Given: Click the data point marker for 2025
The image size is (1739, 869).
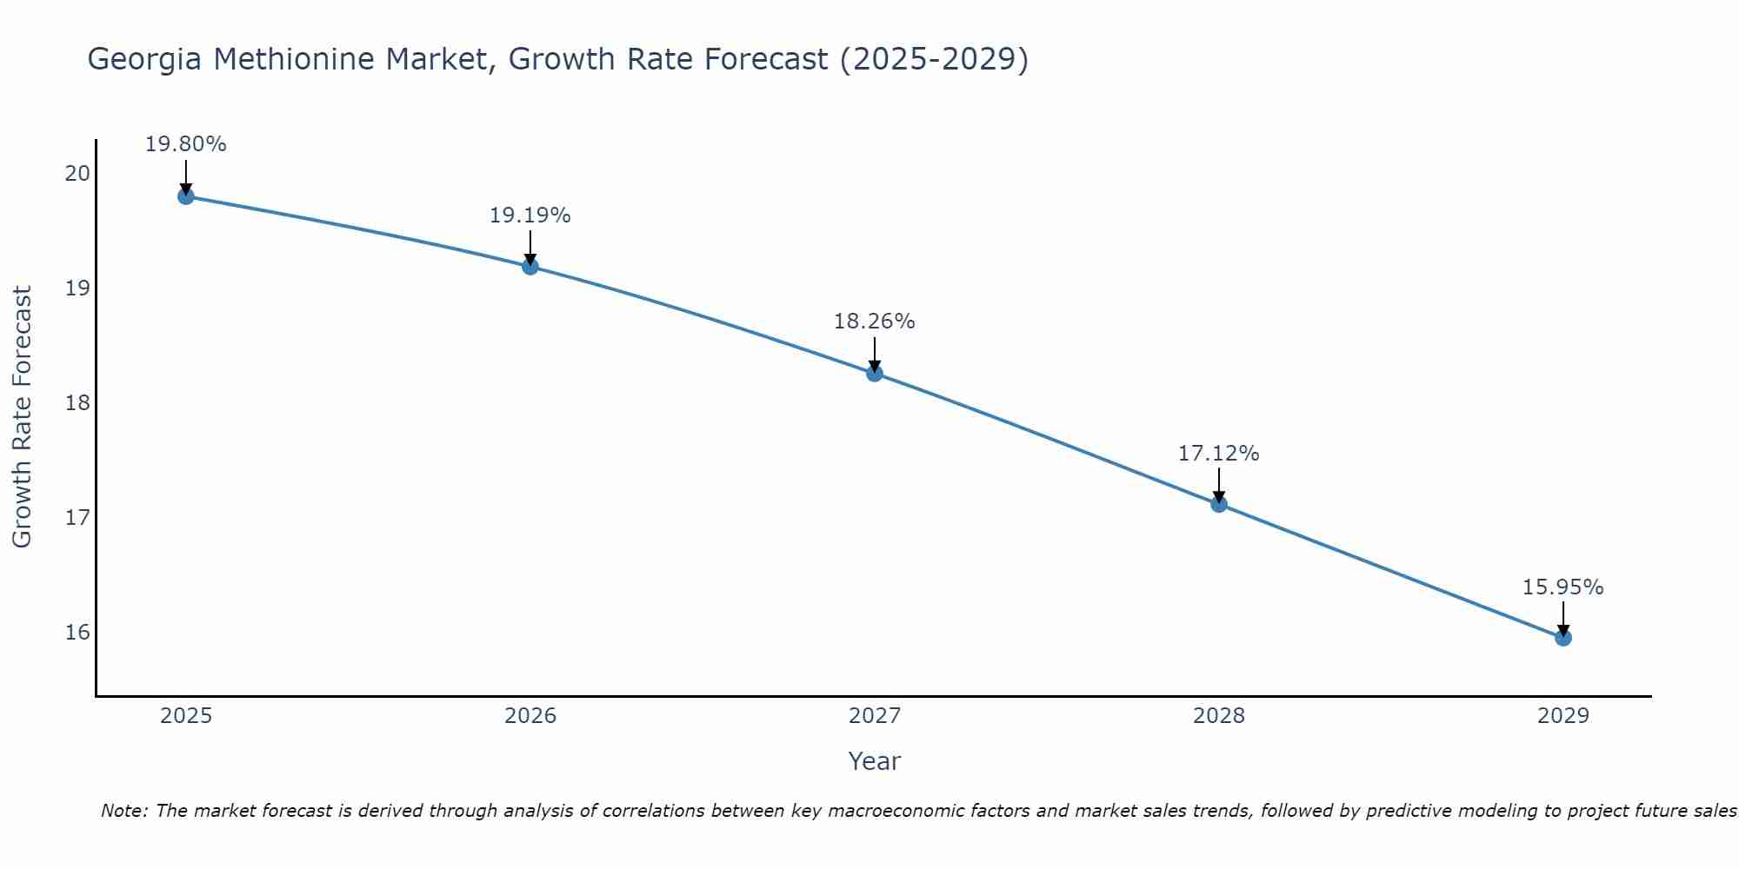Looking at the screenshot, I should (x=185, y=196).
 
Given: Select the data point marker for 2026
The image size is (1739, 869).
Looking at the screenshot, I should (x=530, y=267).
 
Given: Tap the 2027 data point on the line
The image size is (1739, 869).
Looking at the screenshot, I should (x=874, y=374).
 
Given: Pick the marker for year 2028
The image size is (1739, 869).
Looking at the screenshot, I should (x=1218, y=504).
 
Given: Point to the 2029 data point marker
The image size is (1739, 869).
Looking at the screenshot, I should (x=1562, y=638).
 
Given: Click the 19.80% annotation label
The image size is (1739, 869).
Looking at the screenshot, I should (x=185, y=144).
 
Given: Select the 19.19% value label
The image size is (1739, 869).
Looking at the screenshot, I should (x=530, y=216).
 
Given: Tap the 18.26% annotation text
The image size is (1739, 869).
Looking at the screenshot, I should (x=874, y=322).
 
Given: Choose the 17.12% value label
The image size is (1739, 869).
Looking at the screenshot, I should (x=1218, y=454).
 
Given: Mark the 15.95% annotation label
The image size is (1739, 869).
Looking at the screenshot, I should (x=1562, y=587).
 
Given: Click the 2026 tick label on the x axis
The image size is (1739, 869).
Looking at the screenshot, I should (x=530, y=716).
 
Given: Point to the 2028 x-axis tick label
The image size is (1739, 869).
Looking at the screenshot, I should (x=1218, y=716).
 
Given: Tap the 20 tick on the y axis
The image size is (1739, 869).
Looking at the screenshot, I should (x=77, y=173).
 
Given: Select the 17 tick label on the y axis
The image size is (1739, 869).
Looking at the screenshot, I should (x=77, y=518).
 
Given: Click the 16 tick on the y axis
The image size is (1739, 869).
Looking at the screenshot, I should (x=77, y=632).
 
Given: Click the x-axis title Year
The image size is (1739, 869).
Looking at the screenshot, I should (x=874, y=761).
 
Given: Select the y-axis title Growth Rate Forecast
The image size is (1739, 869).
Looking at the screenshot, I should (x=23, y=417).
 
